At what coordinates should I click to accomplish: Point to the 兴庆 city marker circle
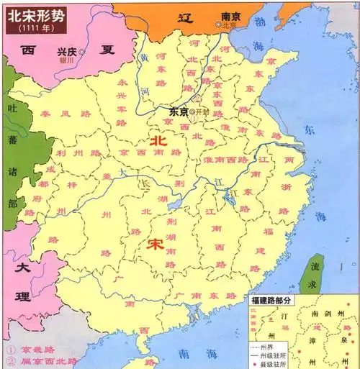pos(82,52)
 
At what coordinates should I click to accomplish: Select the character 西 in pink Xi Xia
pos(28,50)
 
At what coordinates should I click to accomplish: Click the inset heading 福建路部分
pos(276,299)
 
